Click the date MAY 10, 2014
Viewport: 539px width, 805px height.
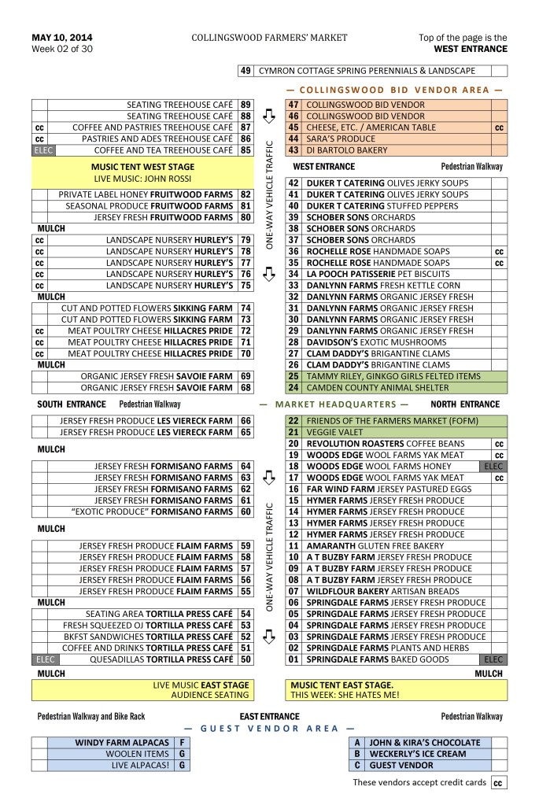62,37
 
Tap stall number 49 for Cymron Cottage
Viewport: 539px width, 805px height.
246,71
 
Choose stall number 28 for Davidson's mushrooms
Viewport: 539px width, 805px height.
293,342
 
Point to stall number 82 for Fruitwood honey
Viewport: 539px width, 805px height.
246,194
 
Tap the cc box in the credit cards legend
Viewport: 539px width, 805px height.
498,783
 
